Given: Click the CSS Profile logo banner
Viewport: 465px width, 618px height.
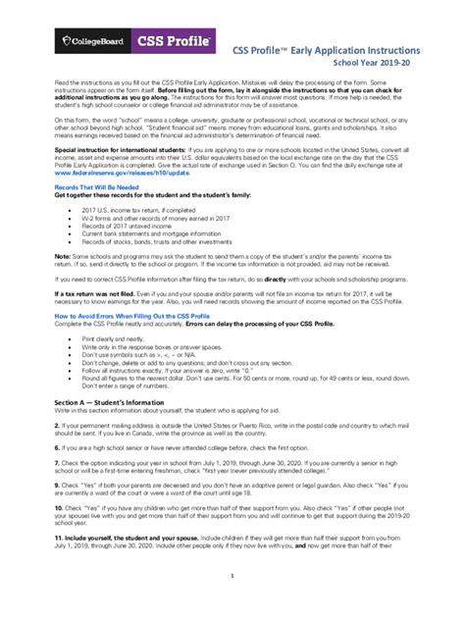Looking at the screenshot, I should [x=176, y=41].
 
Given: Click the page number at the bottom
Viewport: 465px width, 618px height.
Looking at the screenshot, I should [x=232, y=604].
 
